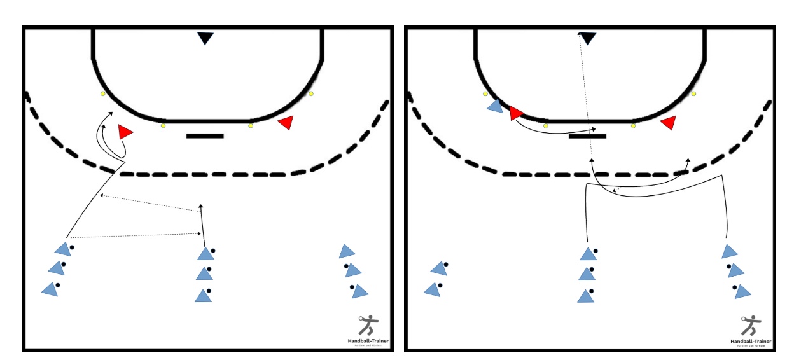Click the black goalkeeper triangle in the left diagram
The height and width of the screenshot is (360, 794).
point(205,38)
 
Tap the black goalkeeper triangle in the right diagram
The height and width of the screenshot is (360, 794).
point(587,38)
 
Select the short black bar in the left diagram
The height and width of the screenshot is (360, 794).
point(205,135)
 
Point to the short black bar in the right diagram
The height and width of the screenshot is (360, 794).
point(587,135)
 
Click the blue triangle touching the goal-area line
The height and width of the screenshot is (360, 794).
point(496,106)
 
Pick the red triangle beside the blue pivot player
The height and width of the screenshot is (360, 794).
point(515,113)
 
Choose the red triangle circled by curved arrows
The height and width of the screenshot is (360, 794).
point(125,132)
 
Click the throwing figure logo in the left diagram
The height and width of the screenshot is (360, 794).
point(366,326)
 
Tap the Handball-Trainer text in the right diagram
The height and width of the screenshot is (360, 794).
point(751,341)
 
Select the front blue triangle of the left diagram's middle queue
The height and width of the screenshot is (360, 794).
point(205,254)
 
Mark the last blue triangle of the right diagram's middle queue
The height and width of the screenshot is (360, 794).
point(586,296)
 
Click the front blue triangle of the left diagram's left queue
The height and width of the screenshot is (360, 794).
point(62,249)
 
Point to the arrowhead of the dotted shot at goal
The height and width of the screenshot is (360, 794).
point(580,34)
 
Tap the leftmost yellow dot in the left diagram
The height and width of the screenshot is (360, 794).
point(102,94)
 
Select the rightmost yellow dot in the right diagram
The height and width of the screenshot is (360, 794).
point(693,94)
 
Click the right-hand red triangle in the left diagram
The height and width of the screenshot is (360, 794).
point(286,123)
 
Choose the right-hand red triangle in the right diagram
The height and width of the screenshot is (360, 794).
point(668,123)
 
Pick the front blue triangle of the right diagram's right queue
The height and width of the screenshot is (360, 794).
point(729,251)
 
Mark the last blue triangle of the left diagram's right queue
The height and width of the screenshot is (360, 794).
point(360,291)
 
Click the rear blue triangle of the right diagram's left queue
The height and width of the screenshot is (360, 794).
point(433,289)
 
